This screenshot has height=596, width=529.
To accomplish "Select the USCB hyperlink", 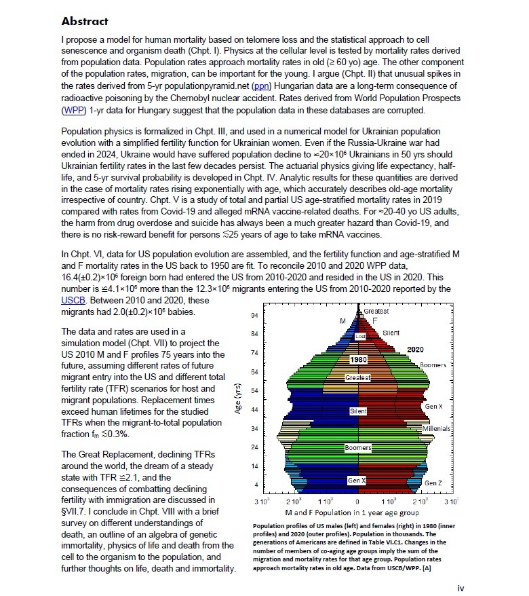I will (x=73, y=299).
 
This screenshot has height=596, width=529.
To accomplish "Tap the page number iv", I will (x=461, y=588).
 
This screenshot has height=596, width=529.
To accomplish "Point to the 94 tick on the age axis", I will (x=254, y=316).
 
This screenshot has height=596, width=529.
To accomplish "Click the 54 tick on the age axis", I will (x=254, y=391).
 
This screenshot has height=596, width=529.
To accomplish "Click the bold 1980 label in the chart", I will (x=358, y=358).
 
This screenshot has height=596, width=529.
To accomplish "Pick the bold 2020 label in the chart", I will (x=415, y=349).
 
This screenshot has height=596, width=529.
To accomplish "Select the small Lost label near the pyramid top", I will (x=361, y=336).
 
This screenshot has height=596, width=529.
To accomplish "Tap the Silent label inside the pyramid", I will (x=358, y=411).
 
